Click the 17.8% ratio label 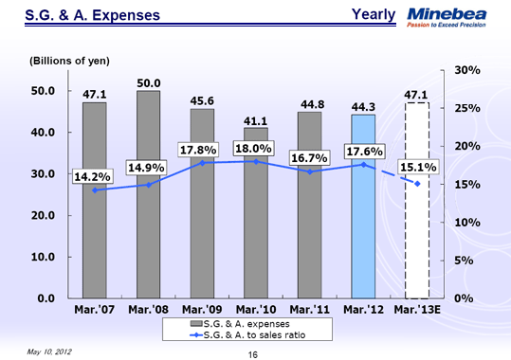tap(201, 149)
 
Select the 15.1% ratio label tap(417, 168)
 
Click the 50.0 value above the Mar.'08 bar tap(148, 83)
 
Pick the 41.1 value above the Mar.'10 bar tap(255, 120)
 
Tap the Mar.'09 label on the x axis tap(201, 310)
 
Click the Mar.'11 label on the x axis tap(309, 310)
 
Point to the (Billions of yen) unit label tap(71, 61)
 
